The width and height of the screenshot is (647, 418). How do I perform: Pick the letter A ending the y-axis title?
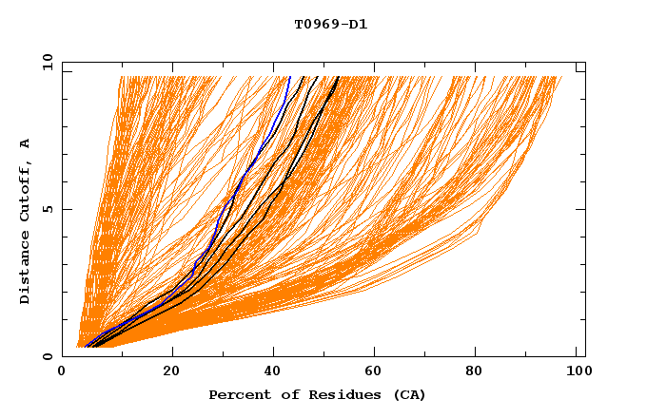coord(25,143)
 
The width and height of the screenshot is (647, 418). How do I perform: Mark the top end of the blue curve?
coord(289,77)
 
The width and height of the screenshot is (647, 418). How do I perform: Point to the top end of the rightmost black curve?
coord(338,77)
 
